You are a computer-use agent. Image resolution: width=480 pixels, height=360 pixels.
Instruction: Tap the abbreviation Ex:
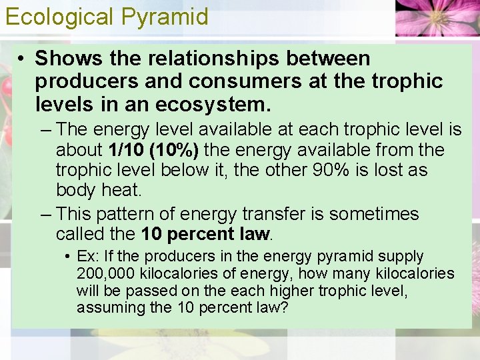(88, 256)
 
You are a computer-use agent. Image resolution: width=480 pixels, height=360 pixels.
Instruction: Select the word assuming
(105, 308)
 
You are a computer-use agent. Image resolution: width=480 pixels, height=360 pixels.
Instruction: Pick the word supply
(403, 256)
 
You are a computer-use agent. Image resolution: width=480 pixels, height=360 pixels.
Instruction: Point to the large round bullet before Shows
(22, 59)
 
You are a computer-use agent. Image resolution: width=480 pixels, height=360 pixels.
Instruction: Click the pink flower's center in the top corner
(439, 15)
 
